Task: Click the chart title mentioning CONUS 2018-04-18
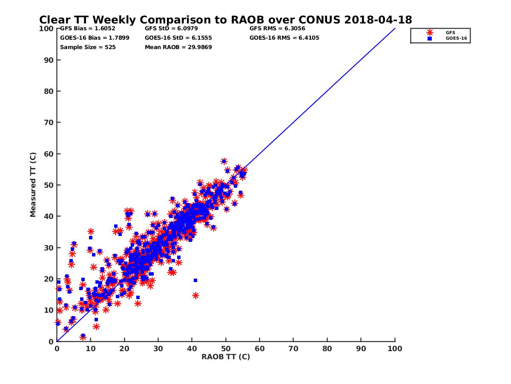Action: click(225, 20)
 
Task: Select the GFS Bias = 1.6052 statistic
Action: click(84, 29)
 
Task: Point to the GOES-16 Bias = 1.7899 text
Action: click(95, 38)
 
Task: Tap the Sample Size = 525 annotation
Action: click(88, 47)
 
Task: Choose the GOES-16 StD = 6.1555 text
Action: click(178, 38)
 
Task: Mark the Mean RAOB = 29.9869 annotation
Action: click(178, 47)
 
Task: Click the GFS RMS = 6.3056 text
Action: click(277, 29)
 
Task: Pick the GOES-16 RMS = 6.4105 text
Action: click(284, 38)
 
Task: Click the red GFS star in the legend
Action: click(430, 32)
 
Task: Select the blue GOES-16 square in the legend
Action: click(430, 38)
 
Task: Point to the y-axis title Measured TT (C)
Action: click(33, 186)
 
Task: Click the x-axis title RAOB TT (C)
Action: click(226, 357)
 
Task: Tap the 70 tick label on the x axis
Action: click(293, 348)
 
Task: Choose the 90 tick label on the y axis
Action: click(49, 60)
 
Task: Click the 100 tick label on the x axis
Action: click(395, 348)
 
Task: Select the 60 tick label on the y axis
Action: click(49, 154)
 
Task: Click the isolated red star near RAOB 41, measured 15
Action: click(195, 295)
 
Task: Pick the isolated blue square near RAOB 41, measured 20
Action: click(195, 280)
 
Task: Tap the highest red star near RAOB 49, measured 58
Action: click(224, 161)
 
